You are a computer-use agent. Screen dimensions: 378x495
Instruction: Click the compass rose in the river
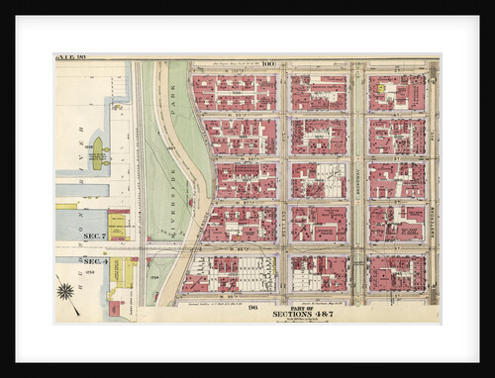point(65,291)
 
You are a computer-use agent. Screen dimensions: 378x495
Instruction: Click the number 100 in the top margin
point(269,62)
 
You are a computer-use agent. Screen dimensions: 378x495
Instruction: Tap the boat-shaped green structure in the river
point(97,153)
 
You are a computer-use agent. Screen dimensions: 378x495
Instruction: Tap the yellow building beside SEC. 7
point(118,225)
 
